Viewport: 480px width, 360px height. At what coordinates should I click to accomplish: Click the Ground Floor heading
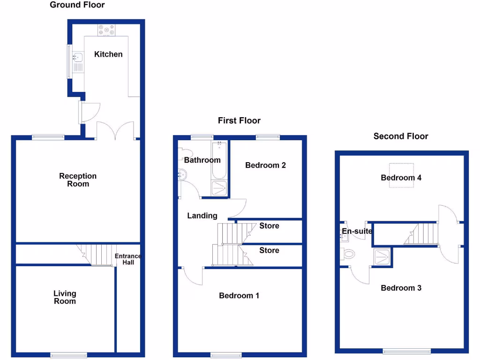coord(77,5)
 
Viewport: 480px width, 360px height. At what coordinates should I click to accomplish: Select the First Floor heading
coord(239,120)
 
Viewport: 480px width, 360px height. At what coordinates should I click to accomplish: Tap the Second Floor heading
coord(401,136)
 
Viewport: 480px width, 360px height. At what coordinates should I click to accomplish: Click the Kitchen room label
coord(108,54)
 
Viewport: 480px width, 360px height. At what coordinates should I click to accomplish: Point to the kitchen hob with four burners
coord(106,30)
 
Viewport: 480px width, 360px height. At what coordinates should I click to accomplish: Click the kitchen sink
coord(78,58)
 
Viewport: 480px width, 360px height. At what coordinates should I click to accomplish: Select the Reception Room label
coord(78,180)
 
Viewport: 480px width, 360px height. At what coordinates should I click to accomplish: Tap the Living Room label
coord(65,297)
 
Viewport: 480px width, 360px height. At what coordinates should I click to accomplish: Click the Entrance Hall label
coord(128,259)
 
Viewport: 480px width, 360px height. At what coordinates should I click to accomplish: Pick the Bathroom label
coord(202,160)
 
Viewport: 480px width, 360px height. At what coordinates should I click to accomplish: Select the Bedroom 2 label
coord(265,165)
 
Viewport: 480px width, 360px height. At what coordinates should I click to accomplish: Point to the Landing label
coord(202,216)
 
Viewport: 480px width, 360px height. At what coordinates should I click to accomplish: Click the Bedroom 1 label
coord(239,296)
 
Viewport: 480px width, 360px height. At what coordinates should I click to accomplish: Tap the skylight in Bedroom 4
coord(401,175)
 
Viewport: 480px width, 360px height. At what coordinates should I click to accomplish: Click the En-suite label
coord(357,231)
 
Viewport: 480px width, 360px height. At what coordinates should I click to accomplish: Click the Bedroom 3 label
coord(401,288)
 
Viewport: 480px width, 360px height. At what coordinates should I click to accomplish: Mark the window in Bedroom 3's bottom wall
coord(406,351)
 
